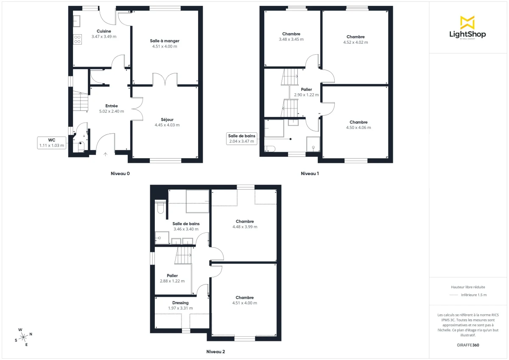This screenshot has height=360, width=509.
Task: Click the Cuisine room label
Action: pyautogui.click(x=103, y=31)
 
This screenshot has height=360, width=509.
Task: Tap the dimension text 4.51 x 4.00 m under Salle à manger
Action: pyautogui.click(x=165, y=47)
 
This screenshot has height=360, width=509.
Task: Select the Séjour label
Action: pyautogui.click(x=167, y=120)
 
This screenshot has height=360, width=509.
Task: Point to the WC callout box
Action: pyautogui.click(x=52, y=142)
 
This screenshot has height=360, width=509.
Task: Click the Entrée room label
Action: pyautogui.click(x=112, y=106)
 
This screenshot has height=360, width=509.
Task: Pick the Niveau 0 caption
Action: pyautogui.click(x=120, y=173)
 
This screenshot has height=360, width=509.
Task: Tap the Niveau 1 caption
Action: pyautogui.click(x=310, y=173)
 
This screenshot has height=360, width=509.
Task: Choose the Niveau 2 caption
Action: pyautogui.click(x=216, y=352)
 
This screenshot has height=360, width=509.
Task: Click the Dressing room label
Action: pyautogui.click(x=180, y=303)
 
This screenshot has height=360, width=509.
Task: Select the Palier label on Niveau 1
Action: pyautogui.click(x=306, y=89)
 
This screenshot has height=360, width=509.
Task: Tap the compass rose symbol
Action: pyautogui.click(x=24, y=337)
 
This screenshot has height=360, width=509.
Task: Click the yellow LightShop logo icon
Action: pyautogui.click(x=467, y=22)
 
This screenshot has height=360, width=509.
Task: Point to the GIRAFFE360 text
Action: pyautogui.click(x=467, y=345)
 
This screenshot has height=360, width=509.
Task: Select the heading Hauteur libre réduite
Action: pyautogui.click(x=467, y=287)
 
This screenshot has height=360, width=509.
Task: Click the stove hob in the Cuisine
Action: pyautogui.click(x=78, y=39)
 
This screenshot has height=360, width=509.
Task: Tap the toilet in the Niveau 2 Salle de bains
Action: pyautogui.click(x=160, y=209)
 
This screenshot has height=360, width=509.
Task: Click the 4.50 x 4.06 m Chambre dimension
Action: pyautogui.click(x=358, y=128)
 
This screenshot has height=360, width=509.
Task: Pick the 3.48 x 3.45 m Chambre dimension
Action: pyautogui.click(x=291, y=39)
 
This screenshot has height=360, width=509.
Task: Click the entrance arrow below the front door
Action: pyautogui.click(x=105, y=154)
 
